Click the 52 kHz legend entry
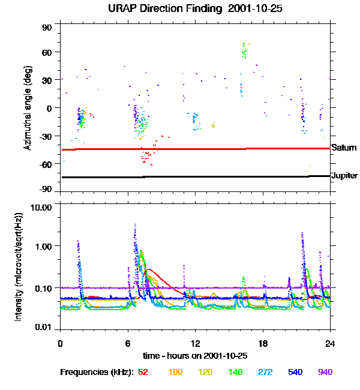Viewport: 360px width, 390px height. pos(143,372)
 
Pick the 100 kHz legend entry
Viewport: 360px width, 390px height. pos(175,372)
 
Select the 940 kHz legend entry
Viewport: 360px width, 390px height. pos(325,372)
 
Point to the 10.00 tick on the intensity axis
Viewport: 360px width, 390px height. pos(43,207)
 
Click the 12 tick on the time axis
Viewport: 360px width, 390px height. pos(195,343)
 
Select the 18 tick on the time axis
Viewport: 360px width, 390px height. pos(263,343)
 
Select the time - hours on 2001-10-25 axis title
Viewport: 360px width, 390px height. pos(195,355)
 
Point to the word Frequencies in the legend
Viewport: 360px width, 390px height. pos(85,372)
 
